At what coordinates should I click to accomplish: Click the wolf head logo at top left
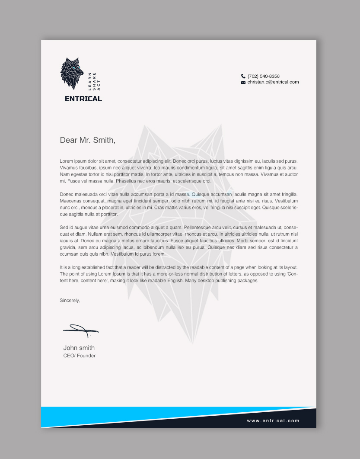click(71, 74)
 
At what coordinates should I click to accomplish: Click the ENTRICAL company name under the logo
click(83, 99)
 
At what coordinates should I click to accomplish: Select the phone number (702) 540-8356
click(264, 76)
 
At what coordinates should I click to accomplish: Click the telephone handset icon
click(243, 76)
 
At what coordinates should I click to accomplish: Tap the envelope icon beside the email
click(243, 82)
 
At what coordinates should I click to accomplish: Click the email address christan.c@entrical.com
click(273, 82)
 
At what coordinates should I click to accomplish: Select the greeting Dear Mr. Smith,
click(88, 140)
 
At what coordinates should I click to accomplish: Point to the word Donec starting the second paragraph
click(67, 194)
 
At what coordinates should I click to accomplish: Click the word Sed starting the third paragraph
click(64, 227)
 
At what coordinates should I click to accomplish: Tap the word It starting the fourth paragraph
click(61, 267)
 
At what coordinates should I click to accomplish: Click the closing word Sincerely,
click(70, 300)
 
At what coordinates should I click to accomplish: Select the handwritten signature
click(80, 331)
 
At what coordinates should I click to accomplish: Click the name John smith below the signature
click(79, 348)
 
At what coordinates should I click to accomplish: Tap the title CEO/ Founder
click(80, 356)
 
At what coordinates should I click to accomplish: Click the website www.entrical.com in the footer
click(273, 420)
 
